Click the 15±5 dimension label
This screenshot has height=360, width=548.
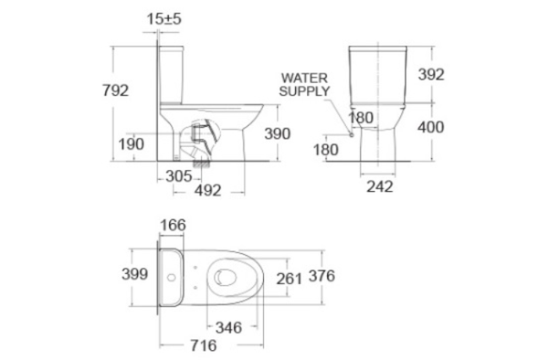point(163,19)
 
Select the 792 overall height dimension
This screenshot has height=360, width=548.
point(115,90)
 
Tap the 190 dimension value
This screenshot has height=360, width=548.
point(131,144)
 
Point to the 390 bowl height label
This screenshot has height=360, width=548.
point(277,133)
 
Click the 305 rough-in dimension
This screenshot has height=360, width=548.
point(179,176)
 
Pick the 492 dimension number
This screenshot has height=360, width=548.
point(208,191)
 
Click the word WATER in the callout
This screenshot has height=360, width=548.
point(304,78)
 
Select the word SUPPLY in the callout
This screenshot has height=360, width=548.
point(304,91)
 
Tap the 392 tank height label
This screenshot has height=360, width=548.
point(431,74)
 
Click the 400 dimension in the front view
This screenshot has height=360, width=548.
point(430,127)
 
